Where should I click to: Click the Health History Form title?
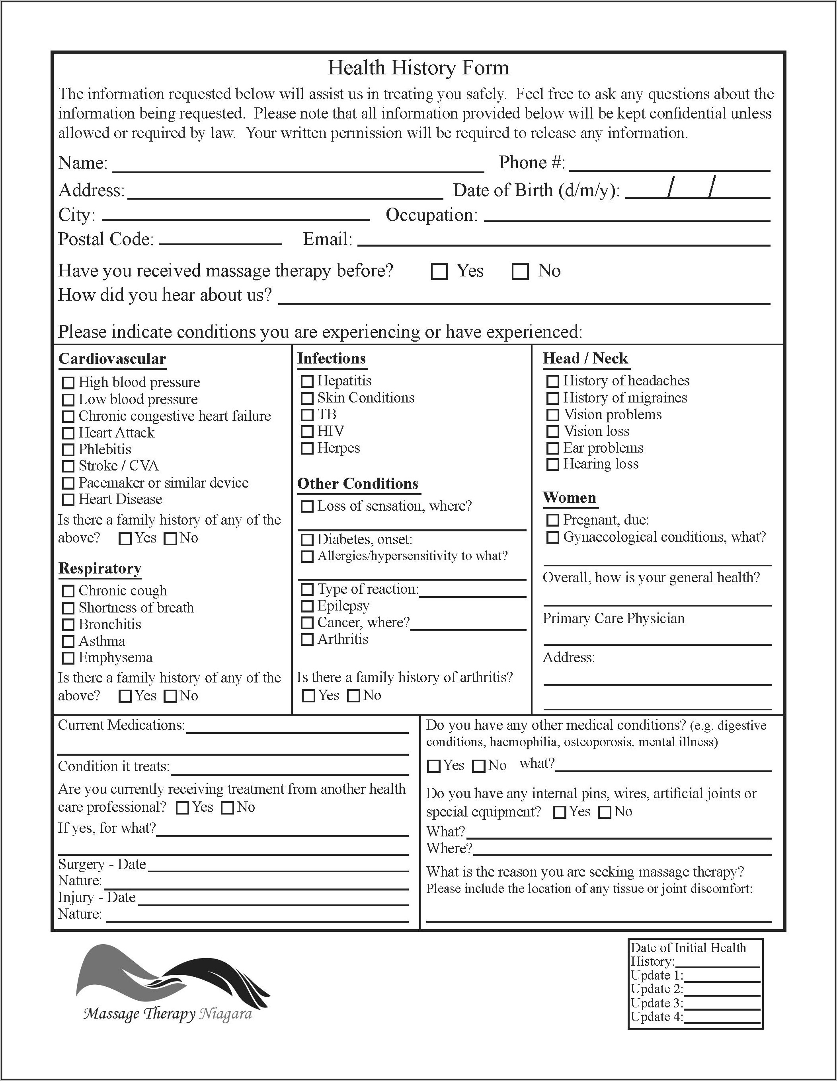pyautogui.click(x=419, y=68)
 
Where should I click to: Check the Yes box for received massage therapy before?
pyautogui.click(x=439, y=271)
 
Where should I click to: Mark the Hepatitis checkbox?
pyautogui.click(x=307, y=381)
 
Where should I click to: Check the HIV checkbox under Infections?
pyautogui.click(x=307, y=432)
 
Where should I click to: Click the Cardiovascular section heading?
pyautogui.click(x=112, y=359)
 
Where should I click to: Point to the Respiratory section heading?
pyautogui.click(x=100, y=568)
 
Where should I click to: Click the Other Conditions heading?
pyautogui.click(x=357, y=484)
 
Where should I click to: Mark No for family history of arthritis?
pyautogui.click(x=353, y=696)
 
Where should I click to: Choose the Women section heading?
pyautogui.click(x=570, y=498)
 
